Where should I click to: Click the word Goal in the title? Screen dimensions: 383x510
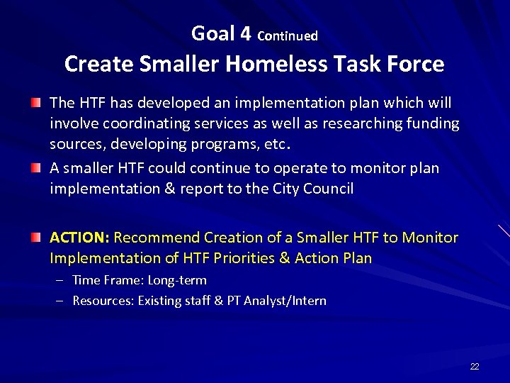coord(213,33)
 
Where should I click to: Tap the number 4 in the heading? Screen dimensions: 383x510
coord(246,33)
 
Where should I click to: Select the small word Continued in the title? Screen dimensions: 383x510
coord(288,35)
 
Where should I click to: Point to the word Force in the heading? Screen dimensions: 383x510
coord(416,65)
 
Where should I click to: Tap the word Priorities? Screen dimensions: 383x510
coord(242,258)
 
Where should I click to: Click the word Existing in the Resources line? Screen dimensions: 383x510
coord(159,301)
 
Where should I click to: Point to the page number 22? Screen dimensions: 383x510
coord(475,366)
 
